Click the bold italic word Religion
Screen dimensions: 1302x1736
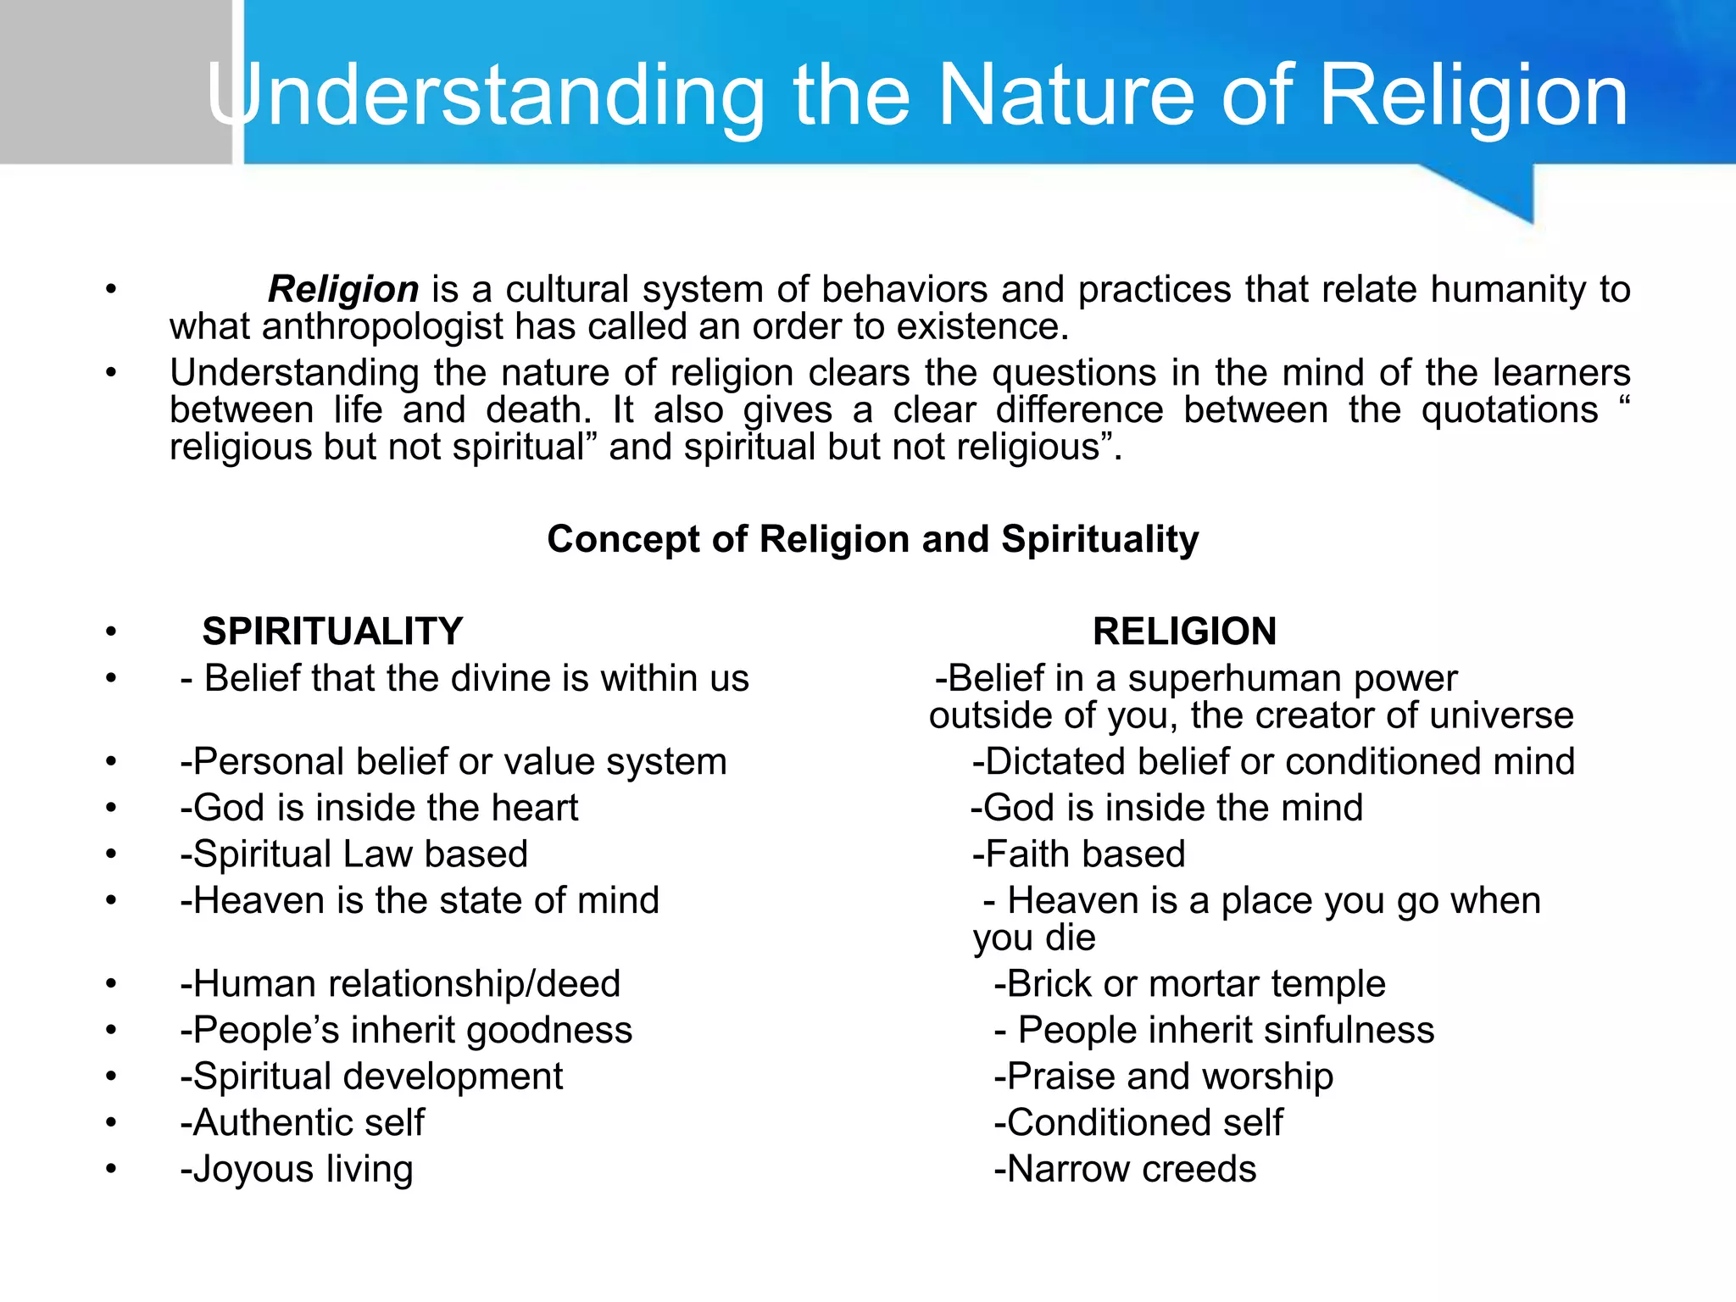343,290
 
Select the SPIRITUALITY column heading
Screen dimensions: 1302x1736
332,632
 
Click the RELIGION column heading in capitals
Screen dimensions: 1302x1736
1184,632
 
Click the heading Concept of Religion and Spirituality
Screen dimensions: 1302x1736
872,539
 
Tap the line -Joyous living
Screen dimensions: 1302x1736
297,1169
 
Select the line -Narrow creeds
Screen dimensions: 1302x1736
1125,1169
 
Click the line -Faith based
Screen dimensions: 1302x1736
1078,854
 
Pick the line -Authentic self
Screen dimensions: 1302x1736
302,1123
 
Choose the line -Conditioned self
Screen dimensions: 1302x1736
1138,1123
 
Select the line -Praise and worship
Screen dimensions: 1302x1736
1164,1077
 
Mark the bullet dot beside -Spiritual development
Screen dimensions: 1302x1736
111,1077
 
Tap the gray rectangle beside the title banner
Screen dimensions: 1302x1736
115,81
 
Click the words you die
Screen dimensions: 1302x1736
1034,938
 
